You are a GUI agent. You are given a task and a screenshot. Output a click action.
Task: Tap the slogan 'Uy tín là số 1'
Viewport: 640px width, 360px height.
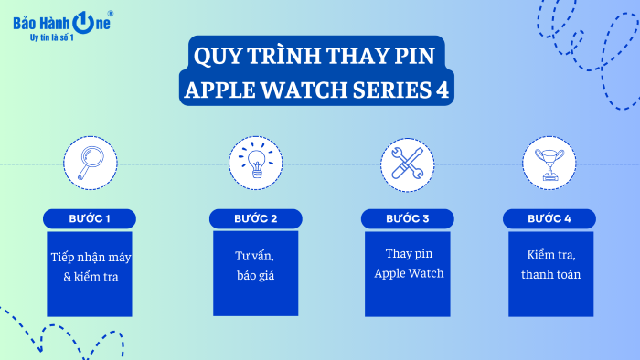(x=52, y=37)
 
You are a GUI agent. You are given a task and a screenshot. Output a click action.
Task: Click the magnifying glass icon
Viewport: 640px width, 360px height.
(x=90, y=164)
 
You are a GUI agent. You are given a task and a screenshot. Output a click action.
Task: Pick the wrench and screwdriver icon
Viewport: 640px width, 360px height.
(x=407, y=164)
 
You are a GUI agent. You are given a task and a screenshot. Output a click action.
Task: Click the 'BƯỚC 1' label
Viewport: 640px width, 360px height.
(x=90, y=219)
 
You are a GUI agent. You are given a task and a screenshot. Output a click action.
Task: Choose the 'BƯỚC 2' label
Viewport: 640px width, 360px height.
(x=255, y=219)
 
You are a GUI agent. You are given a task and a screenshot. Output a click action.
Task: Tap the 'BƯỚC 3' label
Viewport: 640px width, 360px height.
(x=408, y=219)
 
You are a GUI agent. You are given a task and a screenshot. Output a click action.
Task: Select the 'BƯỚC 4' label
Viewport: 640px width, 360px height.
(x=549, y=219)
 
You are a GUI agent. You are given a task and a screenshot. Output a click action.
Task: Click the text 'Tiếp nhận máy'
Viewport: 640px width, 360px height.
(x=90, y=257)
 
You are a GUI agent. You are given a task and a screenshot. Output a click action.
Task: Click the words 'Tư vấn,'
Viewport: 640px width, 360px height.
(x=255, y=255)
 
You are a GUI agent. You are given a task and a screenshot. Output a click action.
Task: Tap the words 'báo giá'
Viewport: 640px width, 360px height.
(x=255, y=275)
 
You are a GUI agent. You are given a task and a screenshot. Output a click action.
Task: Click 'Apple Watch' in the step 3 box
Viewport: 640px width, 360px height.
(x=409, y=273)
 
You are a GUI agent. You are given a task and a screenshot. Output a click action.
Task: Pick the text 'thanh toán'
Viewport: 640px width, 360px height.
(x=549, y=274)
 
